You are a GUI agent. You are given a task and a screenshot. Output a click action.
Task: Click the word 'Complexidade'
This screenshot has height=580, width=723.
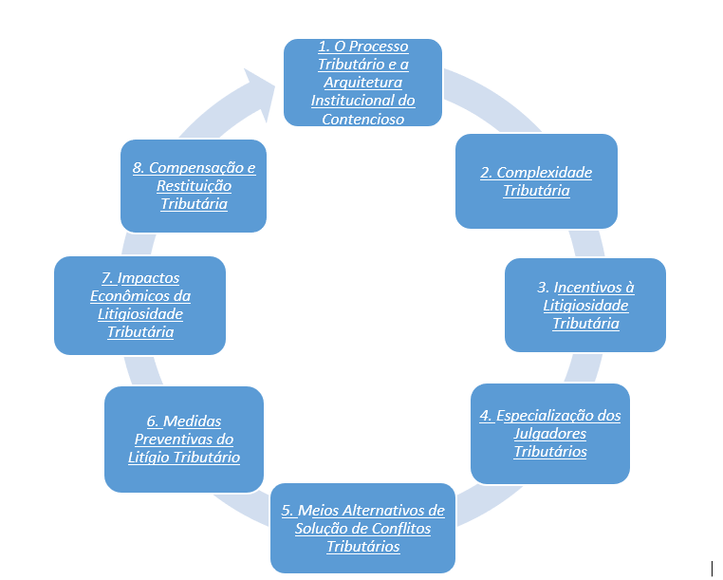pos(544,173)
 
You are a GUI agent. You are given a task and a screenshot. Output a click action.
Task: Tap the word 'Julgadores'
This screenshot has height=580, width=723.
pos(550,434)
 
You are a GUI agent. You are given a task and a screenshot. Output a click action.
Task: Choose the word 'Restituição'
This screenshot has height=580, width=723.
pos(194,185)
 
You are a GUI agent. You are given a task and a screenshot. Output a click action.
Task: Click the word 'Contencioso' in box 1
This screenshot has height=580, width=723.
pos(362,119)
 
